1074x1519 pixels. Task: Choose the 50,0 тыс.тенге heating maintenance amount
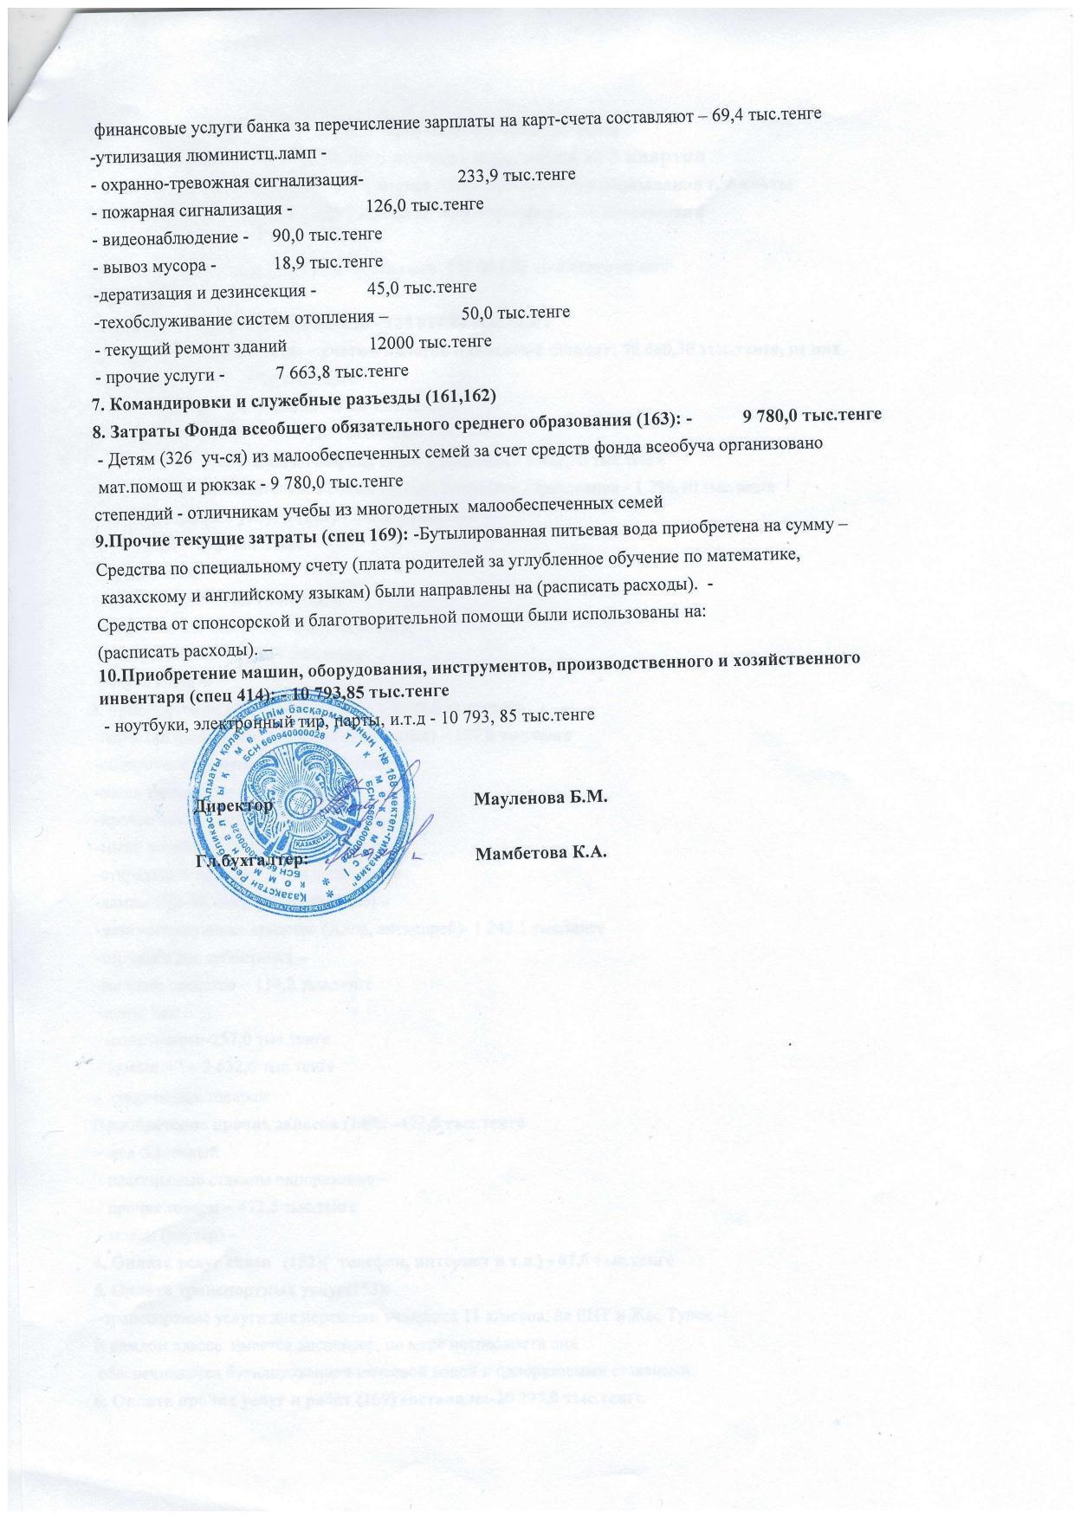coord(515,312)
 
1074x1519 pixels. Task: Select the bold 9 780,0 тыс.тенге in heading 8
coord(812,415)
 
